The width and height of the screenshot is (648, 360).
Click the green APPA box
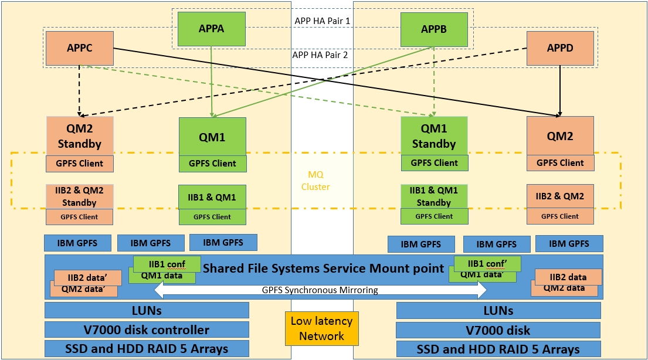(x=211, y=29)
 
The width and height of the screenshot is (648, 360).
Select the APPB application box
(x=434, y=29)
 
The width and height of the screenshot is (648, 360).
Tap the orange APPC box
(x=79, y=48)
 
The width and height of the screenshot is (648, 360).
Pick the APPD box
(x=560, y=48)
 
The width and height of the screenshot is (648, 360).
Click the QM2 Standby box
(x=80, y=136)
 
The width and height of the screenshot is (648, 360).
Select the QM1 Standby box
(x=434, y=137)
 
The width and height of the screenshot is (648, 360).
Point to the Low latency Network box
(x=321, y=328)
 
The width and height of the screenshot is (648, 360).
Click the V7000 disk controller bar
(x=147, y=330)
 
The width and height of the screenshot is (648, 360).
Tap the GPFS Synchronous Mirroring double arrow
(x=320, y=290)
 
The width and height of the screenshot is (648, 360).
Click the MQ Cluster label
(x=319, y=181)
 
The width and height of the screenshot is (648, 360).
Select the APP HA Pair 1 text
(x=326, y=21)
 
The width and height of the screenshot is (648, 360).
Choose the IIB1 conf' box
(x=487, y=263)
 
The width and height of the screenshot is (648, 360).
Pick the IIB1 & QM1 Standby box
(x=434, y=196)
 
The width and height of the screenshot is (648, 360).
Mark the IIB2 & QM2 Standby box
(x=80, y=196)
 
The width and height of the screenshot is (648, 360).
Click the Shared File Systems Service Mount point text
(x=323, y=269)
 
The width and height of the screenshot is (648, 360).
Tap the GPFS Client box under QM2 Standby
(x=80, y=164)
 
